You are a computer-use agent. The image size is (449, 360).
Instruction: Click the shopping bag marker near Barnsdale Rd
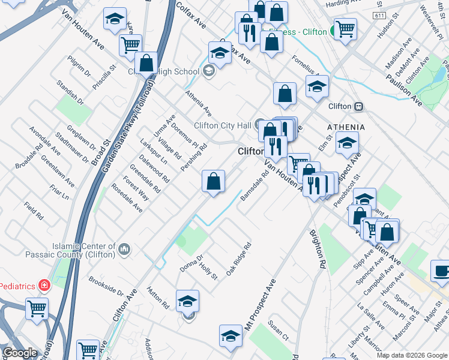214,181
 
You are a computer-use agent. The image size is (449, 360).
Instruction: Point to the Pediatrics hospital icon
43,284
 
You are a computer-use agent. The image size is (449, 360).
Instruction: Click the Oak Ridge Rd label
238,259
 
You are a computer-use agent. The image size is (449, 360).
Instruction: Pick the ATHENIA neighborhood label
346,127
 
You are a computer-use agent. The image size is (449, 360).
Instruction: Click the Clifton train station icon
358,106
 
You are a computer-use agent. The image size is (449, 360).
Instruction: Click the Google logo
19,353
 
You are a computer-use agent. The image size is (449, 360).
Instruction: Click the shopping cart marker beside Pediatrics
37,309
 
